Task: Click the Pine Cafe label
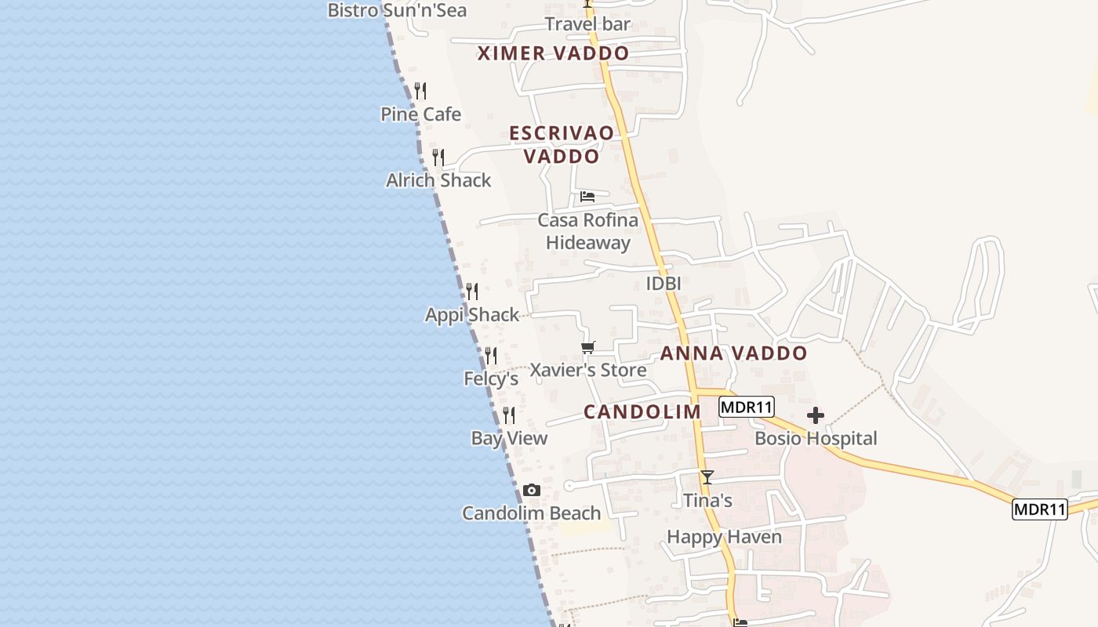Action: point(420,114)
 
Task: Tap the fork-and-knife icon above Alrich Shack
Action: point(438,158)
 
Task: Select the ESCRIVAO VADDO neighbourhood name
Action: point(562,144)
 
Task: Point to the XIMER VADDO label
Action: point(554,53)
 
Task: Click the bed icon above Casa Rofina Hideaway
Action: point(587,196)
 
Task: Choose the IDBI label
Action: point(663,284)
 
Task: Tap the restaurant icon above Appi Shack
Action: point(472,292)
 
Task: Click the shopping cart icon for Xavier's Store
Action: point(588,347)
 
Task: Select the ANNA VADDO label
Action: point(733,353)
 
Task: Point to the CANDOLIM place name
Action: point(642,412)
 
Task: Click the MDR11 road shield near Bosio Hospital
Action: point(747,408)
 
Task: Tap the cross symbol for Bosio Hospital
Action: point(816,415)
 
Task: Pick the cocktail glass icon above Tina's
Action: point(707,477)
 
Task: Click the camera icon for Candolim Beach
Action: point(532,491)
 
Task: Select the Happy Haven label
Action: point(724,537)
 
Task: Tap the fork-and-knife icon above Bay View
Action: point(509,415)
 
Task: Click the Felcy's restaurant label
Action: point(491,379)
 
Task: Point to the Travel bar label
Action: point(587,24)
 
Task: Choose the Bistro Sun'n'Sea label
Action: point(397,10)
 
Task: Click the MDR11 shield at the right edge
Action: point(1039,509)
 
